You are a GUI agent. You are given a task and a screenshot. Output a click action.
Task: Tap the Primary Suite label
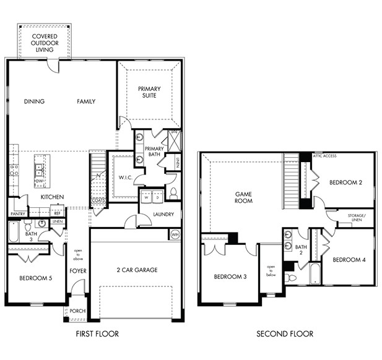click(x=147, y=92)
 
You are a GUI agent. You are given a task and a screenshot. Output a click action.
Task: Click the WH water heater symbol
click(x=175, y=235)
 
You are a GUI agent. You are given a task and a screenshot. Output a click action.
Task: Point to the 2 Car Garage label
click(x=136, y=270)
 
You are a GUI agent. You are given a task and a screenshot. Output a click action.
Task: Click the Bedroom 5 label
click(x=35, y=278)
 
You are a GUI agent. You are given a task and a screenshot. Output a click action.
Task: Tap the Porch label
click(x=77, y=311)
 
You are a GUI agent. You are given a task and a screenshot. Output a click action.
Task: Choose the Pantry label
click(x=17, y=214)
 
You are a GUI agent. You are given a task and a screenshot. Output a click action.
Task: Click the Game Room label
click(x=243, y=197)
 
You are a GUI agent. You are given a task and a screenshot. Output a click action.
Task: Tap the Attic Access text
click(x=324, y=156)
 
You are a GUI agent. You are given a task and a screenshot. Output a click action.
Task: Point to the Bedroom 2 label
click(x=345, y=182)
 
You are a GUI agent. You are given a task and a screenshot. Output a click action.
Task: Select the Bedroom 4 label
click(x=349, y=260)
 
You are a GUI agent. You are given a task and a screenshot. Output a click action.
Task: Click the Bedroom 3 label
click(x=230, y=276)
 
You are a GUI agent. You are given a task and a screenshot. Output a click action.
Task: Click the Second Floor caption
click(x=285, y=334)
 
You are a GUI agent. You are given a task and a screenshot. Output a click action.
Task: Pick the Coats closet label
click(x=98, y=200)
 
